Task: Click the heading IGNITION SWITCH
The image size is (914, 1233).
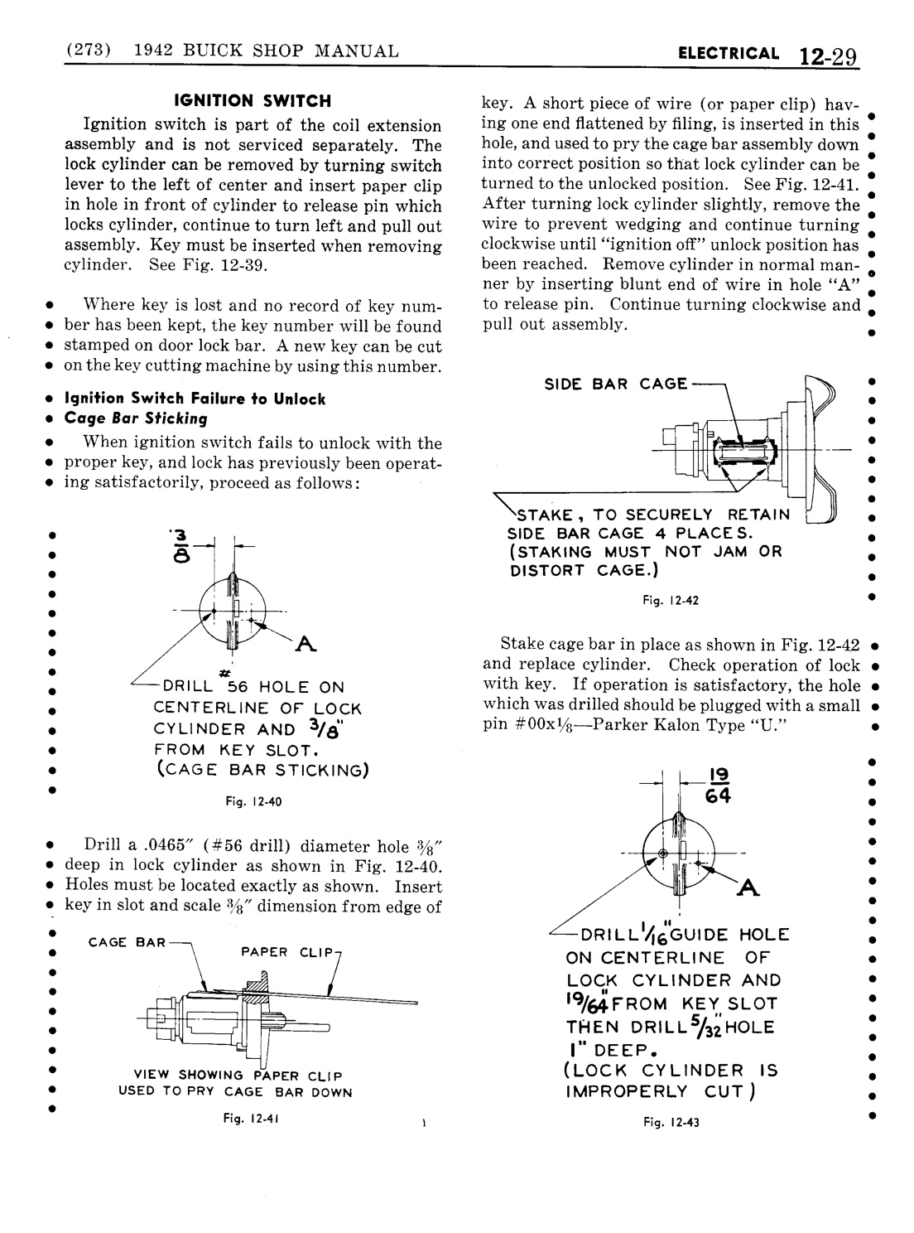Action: point(252,101)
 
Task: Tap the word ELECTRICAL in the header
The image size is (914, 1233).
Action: point(728,54)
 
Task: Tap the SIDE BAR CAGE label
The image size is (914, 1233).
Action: point(615,384)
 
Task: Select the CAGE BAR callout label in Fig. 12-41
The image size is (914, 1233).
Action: point(127,943)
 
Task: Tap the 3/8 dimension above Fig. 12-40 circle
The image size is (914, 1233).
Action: point(181,544)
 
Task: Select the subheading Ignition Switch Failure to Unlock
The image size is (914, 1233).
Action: point(195,399)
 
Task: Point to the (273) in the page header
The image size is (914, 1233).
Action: point(87,51)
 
